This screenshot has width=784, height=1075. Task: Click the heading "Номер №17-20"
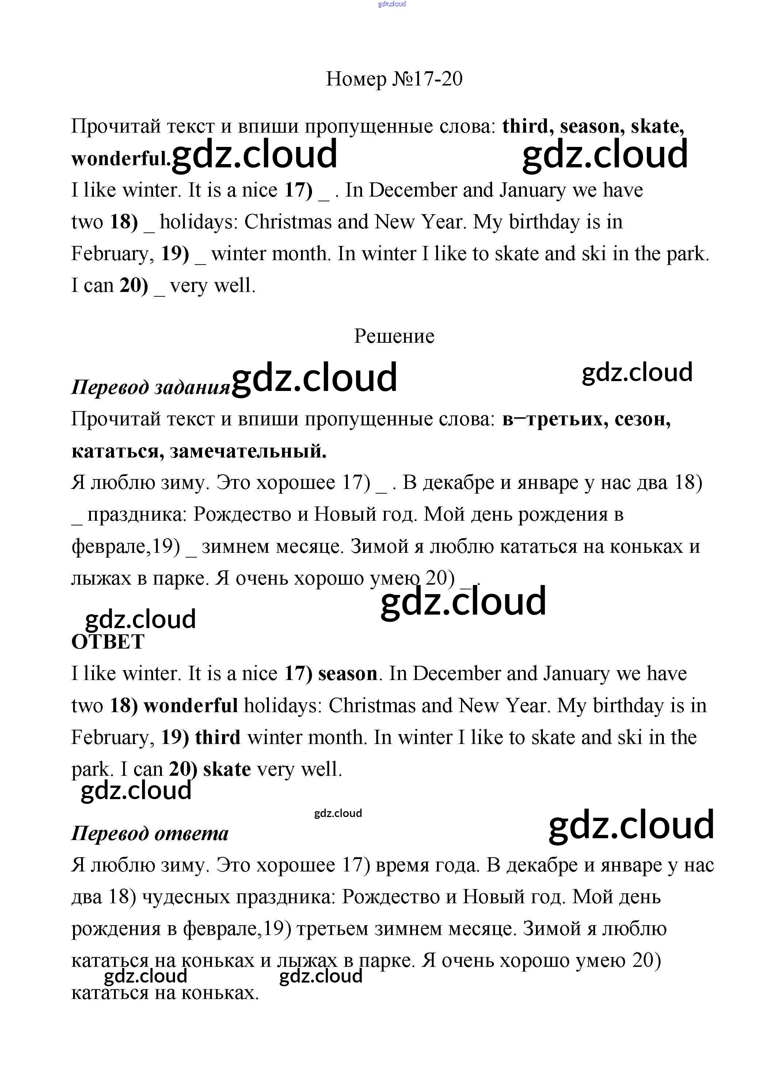394,79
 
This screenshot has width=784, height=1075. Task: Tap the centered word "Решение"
394,337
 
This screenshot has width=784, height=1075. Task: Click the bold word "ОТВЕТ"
108,642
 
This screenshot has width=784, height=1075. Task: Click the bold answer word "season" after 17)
347,674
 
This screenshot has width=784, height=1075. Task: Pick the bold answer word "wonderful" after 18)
191,706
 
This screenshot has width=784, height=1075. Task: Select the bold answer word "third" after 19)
218,737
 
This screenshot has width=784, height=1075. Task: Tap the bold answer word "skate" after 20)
227,770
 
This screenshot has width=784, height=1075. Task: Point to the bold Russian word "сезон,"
643,419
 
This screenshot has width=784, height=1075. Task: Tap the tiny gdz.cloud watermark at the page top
392,4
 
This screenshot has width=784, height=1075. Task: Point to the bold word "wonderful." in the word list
121,159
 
